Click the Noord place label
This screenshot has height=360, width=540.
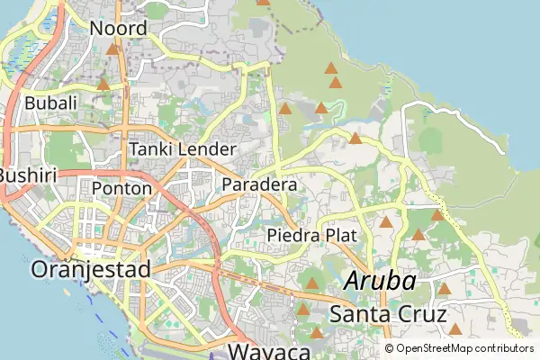[x=118, y=29]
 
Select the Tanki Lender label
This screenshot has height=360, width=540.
[x=183, y=148]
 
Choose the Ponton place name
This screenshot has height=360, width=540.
[x=121, y=188]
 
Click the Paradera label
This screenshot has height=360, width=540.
[x=259, y=184]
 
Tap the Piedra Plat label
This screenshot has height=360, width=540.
[x=312, y=235]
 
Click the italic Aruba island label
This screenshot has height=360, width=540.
[x=381, y=281]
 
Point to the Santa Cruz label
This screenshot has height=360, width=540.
[x=388, y=314]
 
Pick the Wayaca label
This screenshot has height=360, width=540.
[x=269, y=351]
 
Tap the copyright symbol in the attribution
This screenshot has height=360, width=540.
[x=389, y=348]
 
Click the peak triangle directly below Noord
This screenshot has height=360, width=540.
[x=112, y=49]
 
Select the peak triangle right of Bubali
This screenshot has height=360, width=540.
[x=103, y=85]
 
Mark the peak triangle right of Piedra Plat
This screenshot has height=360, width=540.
[x=386, y=222]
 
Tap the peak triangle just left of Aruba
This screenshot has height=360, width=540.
[x=311, y=283]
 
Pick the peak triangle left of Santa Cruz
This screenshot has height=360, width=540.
[x=303, y=310]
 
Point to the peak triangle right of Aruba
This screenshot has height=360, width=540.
[x=444, y=289]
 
